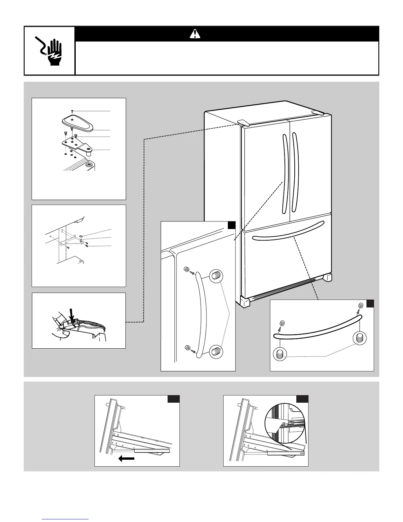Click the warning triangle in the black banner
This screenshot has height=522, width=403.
pyautogui.click(x=195, y=34)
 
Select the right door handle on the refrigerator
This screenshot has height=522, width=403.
pyautogui.click(x=296, y=175)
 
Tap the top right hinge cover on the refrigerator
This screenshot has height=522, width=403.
pyautogui.click(x=318, y=113)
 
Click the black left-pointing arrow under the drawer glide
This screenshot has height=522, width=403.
pyautogui.click(x=126, y=458)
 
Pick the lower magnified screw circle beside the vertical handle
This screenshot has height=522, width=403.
pyautogui.click(x=216, y=351)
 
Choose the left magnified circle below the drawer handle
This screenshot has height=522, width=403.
pyautogui.click(x=280, y=355)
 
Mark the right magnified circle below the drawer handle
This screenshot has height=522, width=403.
pyautogui.click(x=360, y=338)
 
